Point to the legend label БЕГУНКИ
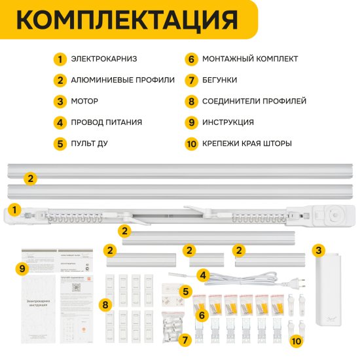click(x=219, y=81)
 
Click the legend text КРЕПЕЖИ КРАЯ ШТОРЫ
click(x=247, y=143)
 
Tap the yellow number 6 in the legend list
click(x=191, y=60)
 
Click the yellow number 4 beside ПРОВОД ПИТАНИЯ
click(x=60, y=122)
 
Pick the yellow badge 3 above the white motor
click(x=318, y=249)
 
